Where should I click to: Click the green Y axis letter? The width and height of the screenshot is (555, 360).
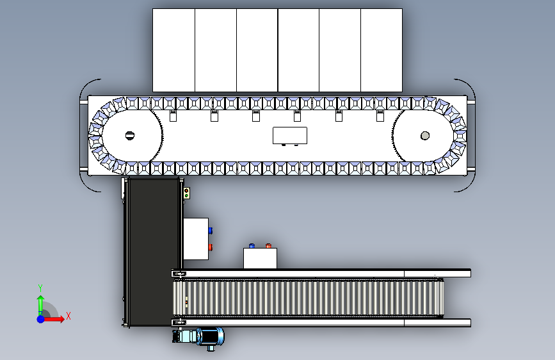[x=40, y=288]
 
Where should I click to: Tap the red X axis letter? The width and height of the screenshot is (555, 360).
[x=68, y=316]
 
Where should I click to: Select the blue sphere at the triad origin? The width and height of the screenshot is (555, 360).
[x=41, y=319]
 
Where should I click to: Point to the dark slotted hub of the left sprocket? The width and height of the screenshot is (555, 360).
[x=130, y=135]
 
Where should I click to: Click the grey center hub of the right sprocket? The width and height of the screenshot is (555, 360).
[x=425, y=136]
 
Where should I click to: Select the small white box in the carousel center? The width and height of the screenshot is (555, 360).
[x=290, y=135]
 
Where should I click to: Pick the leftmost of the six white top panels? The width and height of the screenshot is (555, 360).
[x=173, y=51]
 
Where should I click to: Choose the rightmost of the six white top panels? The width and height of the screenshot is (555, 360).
[x=382, y=51]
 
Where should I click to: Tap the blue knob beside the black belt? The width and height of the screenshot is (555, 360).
[x=211, y=231]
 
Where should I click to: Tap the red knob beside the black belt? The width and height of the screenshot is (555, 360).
[x=211, y=247]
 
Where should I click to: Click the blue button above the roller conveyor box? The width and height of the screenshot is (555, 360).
[x=252, y=245]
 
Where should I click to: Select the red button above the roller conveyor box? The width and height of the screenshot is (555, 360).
[x=268, y=245]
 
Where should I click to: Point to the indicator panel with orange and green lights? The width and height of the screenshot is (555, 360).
[x=187, y=193]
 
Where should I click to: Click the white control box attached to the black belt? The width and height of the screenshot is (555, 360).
[x=196, y=239]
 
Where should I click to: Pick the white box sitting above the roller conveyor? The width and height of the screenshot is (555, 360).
[x=260, y=258]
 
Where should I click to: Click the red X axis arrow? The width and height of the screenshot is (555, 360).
[x=53, y=319]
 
